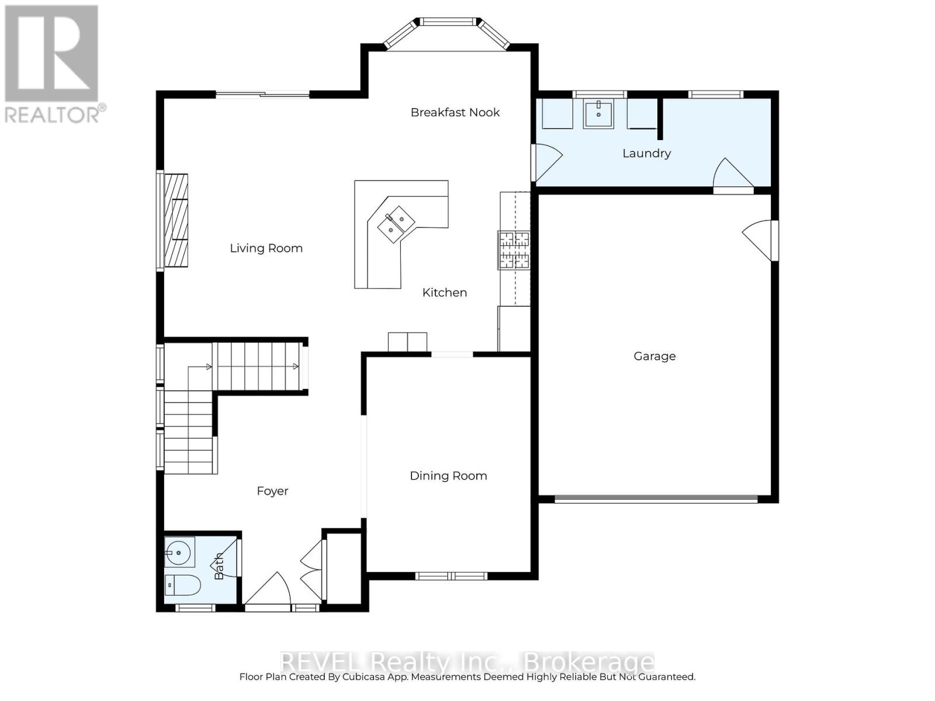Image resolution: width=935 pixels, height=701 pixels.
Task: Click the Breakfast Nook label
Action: click(x=455, y=112)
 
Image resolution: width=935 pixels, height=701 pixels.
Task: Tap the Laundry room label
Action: click(x=646, y=153)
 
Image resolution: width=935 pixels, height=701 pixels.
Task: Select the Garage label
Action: click(x=654, y=356)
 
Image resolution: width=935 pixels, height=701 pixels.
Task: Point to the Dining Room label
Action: click(x=448, y=476)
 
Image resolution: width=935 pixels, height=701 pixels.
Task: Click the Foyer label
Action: click(x=272, y=491)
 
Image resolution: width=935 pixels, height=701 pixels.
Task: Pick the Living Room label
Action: click(x=266, y=248)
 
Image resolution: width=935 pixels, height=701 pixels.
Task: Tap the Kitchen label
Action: click(x=444, y=292)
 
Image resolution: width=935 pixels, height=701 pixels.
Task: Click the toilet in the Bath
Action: click(x=182, y=584)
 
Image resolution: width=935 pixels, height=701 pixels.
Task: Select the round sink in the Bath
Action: click(x=178, y=551)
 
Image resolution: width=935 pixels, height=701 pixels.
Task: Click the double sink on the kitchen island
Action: click(x=396, y=223)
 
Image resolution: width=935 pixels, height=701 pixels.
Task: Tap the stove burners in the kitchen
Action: click(x=514, y=250)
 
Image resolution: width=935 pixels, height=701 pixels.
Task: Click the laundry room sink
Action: click(x=598, y=114)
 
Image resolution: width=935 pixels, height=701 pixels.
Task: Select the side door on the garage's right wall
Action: click(x=760, y=240)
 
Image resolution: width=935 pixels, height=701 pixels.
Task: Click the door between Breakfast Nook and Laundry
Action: click(x=546, y=161)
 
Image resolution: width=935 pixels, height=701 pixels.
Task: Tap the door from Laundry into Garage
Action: click(x=732, y=175)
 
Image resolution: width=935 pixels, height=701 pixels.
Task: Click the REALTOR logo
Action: click(x=53, y=64)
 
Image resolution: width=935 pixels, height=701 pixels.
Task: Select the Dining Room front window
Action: click(x=451, y=576)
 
